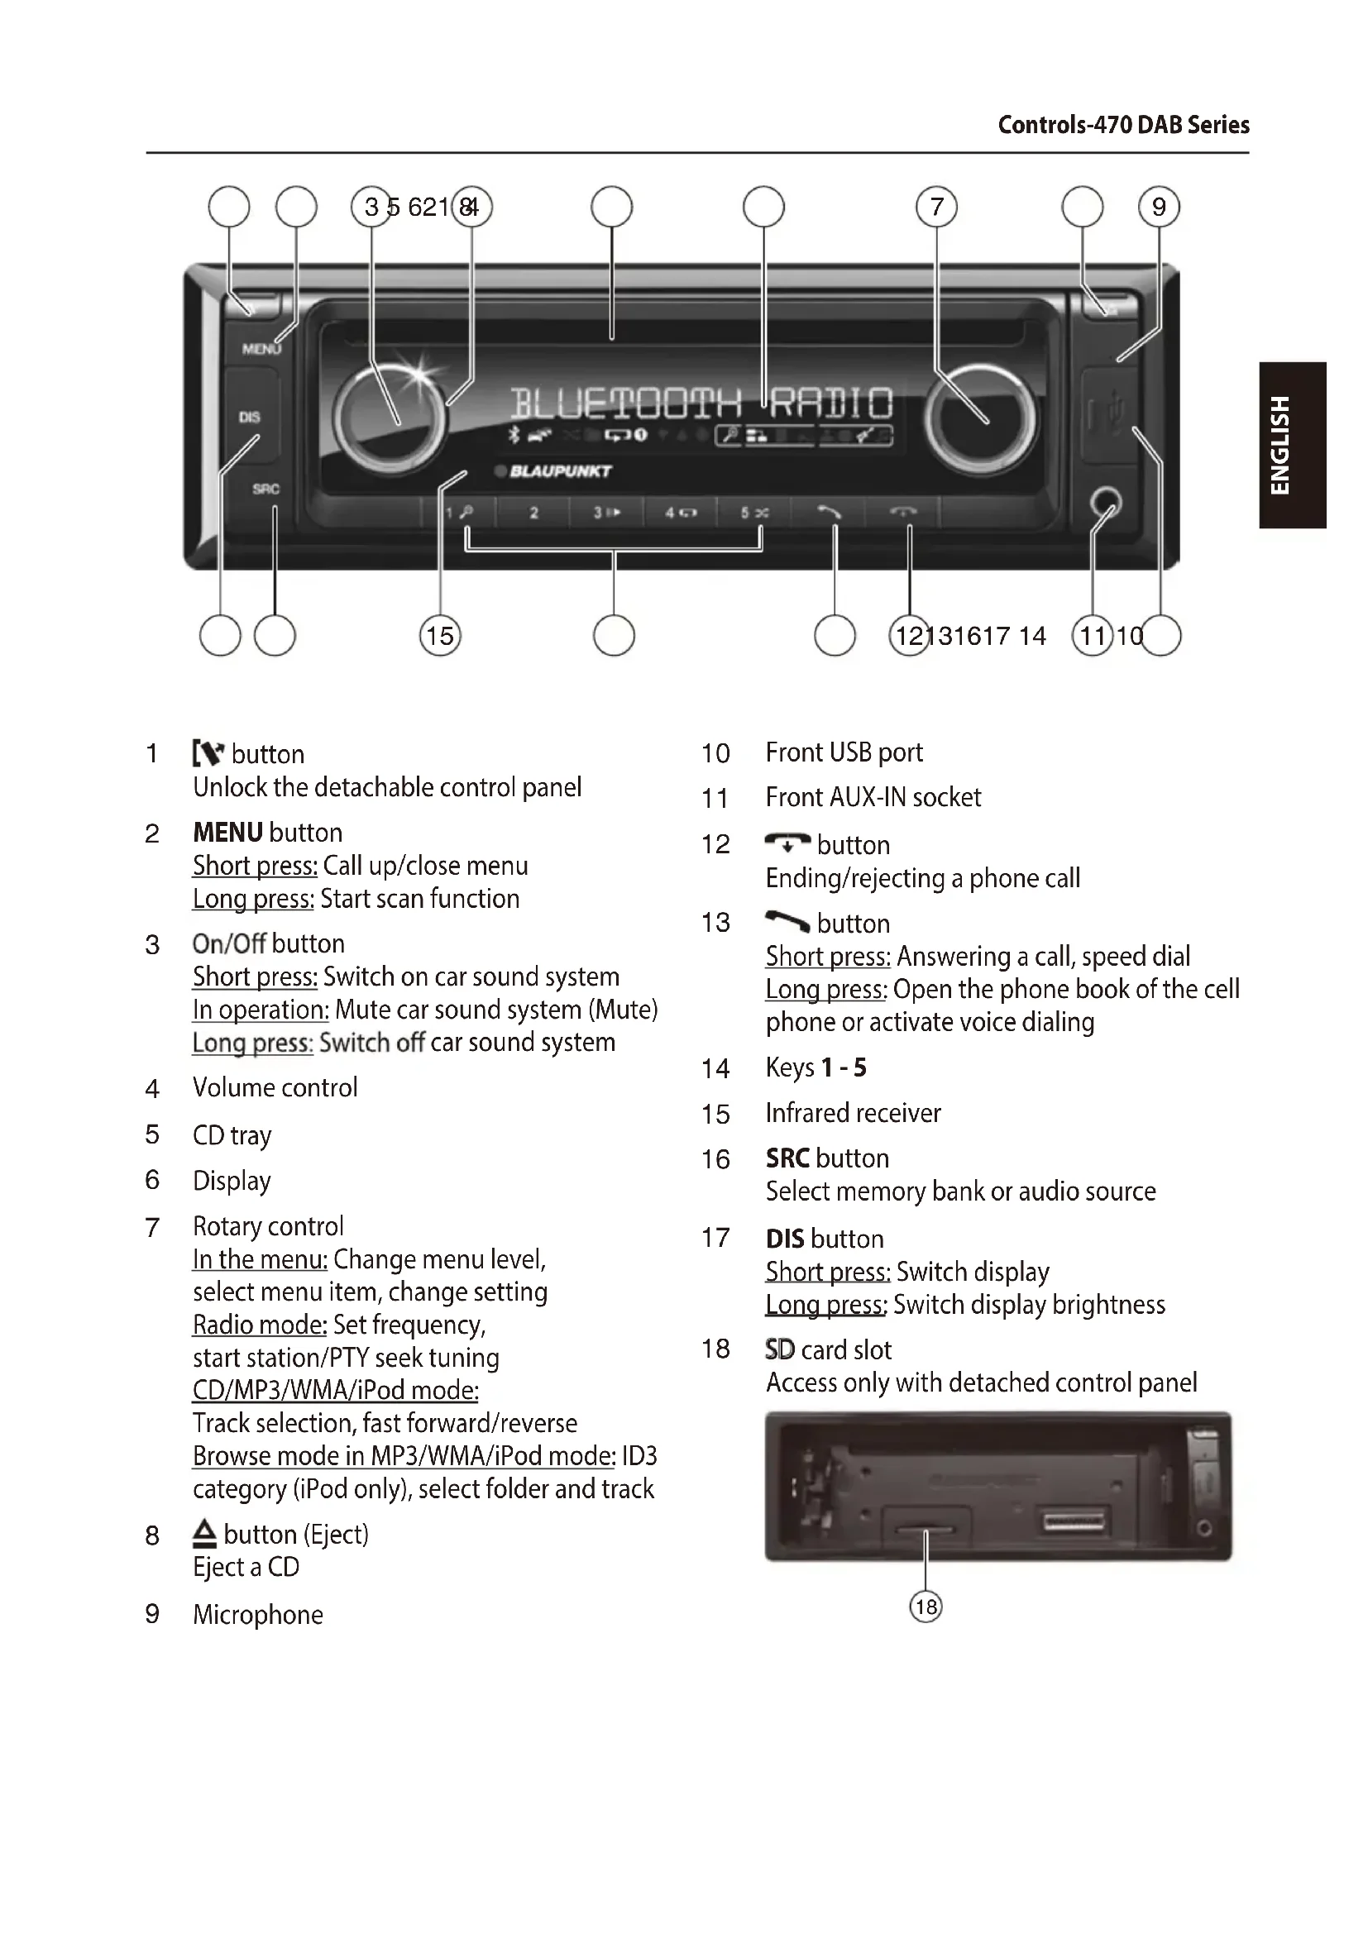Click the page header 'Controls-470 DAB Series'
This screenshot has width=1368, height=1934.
[x=1123, y=126]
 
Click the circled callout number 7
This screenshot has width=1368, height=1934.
[x=937, y=208]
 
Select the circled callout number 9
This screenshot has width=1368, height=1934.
[x=1158, y=208]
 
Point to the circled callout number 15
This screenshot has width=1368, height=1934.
[x=440, y=635]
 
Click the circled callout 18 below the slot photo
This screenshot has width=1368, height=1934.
[x=926, y=1607]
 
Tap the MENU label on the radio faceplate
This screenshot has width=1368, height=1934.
[x=261, y=348]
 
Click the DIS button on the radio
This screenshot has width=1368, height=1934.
[x=249, y=417]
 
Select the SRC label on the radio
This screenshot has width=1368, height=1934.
[x=265, y=489]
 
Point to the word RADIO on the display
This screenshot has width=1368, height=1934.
[x=830, y=404]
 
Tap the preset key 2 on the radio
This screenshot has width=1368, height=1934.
[x=533, y=512]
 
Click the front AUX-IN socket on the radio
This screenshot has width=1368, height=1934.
[x=1105, y=504]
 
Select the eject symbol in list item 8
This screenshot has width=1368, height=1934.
[x=203, y=1534]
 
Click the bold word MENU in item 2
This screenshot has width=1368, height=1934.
[x=227, y=833]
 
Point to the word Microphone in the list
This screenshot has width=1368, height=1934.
[x=258, y=1615]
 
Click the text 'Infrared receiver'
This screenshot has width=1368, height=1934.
[x=853, y=1114]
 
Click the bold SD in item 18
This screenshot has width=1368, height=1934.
[x=780, y=1349]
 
